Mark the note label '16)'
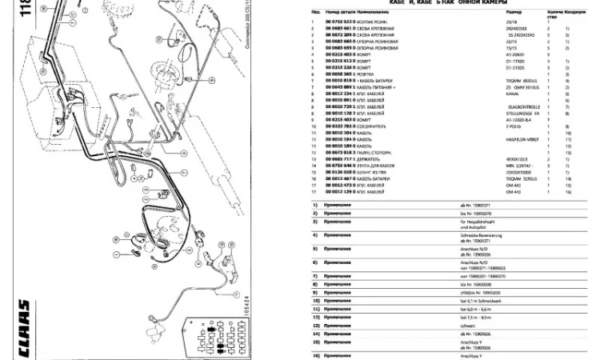coord(315,353)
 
